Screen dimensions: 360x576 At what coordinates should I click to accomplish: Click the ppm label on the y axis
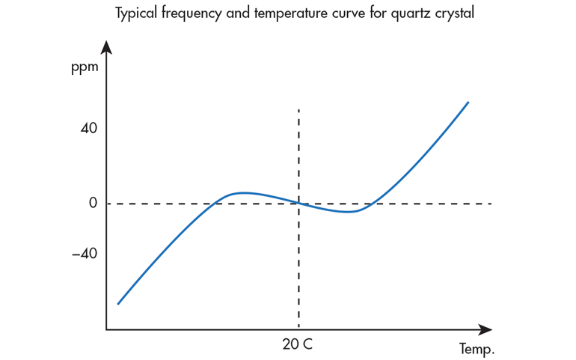[x=84, y=69]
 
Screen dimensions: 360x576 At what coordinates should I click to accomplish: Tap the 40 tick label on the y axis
[x=89, y=128]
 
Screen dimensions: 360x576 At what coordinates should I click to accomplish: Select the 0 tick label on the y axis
[x=93, y=203]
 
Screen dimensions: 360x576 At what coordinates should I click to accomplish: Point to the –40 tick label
[x=85, y=254]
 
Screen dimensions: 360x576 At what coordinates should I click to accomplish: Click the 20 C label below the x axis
[x=298, y=345]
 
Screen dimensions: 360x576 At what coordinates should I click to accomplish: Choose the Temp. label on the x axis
[x=476, y=349]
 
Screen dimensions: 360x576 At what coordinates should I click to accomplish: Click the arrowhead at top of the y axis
[x=106, y=48]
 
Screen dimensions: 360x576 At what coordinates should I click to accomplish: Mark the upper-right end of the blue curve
[x=468, y=102]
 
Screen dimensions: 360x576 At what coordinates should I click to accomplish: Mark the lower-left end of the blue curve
[x=118, y=304]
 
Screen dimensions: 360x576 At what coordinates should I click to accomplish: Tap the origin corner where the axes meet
[x=106, y=329]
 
